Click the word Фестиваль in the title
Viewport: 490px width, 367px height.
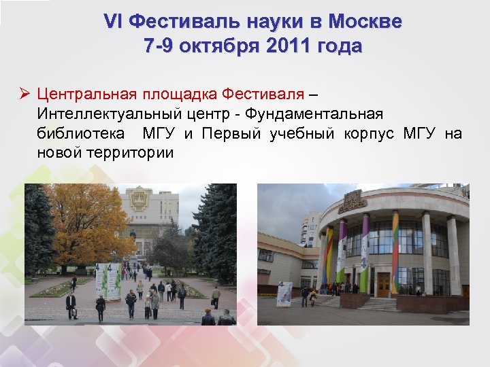(x=178, y=22)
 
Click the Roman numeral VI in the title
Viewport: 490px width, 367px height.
(x=113, y=22)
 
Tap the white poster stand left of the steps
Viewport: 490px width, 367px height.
(x=284, y=293)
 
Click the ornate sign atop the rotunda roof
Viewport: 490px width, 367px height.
(x=353, y=201)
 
